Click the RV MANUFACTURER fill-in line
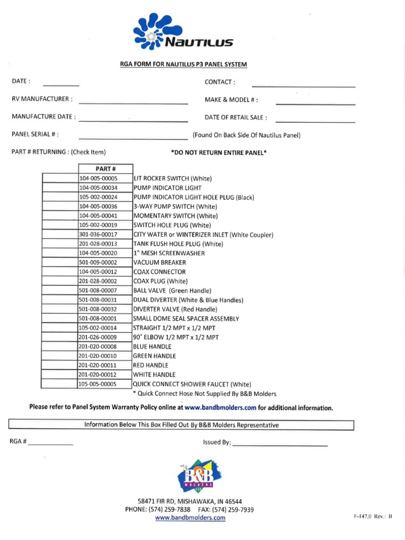tap(133, 103)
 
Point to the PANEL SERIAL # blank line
tap(133, 138)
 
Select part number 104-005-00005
tap(99, 178)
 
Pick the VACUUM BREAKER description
tap(155, 263)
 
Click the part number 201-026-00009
tap(99, 337)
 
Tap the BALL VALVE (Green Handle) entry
tap(172, 291)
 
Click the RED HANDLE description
tap(151, 365)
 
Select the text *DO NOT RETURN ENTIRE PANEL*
tap(219, 152)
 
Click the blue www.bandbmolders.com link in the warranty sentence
tap(220, 408)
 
